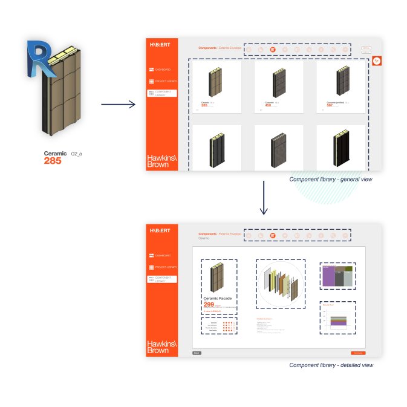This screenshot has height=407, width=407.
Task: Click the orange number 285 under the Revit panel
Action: tap(53, 161)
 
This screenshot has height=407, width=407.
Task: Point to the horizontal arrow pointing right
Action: tap(118, 105)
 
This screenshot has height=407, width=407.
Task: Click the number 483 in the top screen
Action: tap(268, 106)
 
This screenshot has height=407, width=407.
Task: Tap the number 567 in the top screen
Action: tap(330, 106)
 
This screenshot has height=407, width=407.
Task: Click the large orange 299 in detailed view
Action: tap(209, 304)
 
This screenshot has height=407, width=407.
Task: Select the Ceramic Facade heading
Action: tap(217, 298)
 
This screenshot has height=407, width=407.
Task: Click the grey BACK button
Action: tap(197, 353)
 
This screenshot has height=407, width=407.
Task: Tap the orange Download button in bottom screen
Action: tap(357, 353)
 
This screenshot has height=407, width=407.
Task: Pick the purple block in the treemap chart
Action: tap(328, 277)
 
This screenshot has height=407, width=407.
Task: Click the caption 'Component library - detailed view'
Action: tap(331, 365)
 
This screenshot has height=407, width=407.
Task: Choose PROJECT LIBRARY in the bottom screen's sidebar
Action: tap(163, 267)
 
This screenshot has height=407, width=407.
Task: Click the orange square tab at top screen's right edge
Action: tap(376, 60)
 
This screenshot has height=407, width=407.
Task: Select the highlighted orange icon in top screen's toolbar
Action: tap(273, 49)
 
